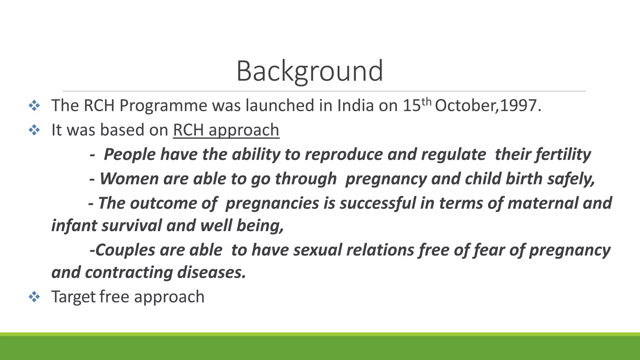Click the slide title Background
pos(309,71)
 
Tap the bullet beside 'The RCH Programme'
pos(34,106)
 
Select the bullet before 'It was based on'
pos(34,130)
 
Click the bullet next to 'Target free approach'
pos(34,297)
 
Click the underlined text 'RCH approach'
pos(226,130)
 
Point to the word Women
pos(129,179)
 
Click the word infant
pos(74,226)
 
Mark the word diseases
pos(211,272)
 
